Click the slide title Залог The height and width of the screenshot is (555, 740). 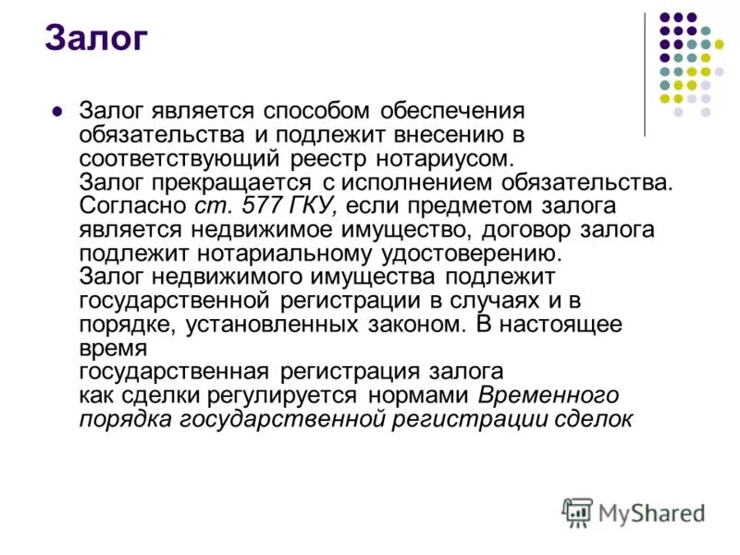[96, 39]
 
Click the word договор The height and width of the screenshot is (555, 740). [524, 229]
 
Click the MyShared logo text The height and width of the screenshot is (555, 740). [651, 512]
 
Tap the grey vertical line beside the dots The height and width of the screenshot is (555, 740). [646, 74]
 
